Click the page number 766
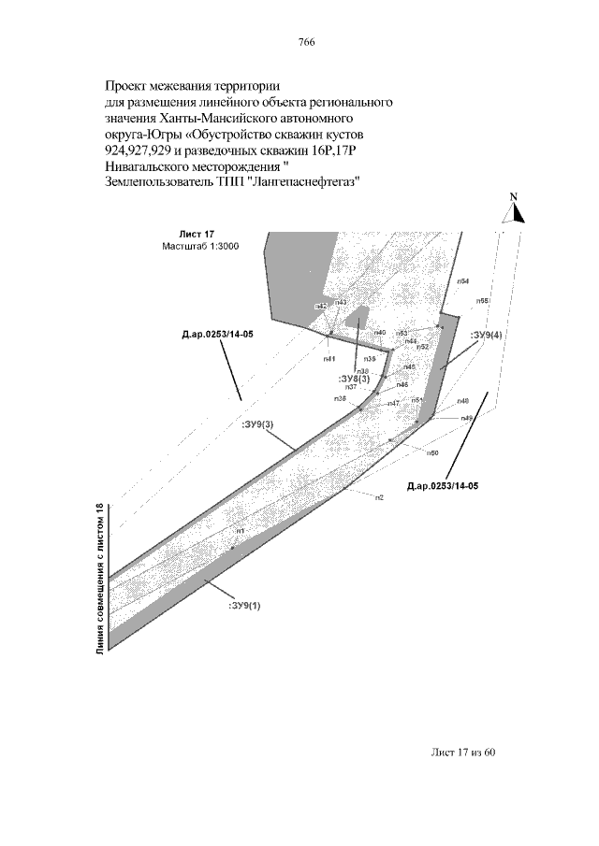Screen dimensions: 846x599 [305, 43]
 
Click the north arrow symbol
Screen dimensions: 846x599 [516, 213]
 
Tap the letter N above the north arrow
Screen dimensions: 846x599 [514, 197]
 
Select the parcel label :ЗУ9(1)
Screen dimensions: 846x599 [244, 605]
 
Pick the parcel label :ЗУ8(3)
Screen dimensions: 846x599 [355, 379]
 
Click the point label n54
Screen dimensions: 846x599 [463, 281]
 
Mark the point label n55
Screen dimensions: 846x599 [483, 300]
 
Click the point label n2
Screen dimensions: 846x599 [379, 497]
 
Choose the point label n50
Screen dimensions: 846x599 [432, 452]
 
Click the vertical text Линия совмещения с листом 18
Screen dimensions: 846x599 [100, 579]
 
